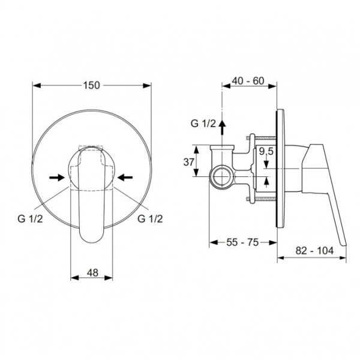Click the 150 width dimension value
pyautogui.click(x=91, y=85)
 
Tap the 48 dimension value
pyautogui.click(x=92, y=273)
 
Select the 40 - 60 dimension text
pyautogui.click(x=248, y=81)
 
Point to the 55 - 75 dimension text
pyautogui.click(x=242, y=242)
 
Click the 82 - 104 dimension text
pyautogui.click(x=314, y=250)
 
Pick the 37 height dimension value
pyautogui.click(x=189, y=163)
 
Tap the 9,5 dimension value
pyautogui.click(x=266, y=151)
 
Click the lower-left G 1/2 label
pyautogui.click(x=30, y=218)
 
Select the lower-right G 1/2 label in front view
pyautogui.click(x=150, y=218)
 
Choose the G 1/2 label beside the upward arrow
pyautogui.click(x=203, y=124)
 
